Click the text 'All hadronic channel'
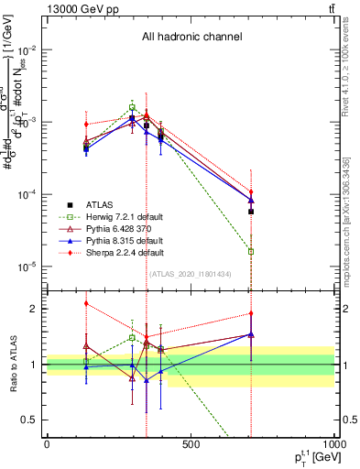coord(191,38)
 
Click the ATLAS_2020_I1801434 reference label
coord(190,274)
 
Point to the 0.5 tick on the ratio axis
coord(31,420)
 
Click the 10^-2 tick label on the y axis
coord(27,49)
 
